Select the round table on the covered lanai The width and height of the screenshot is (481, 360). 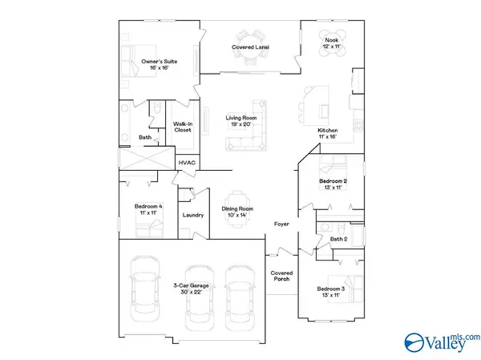(249, 37)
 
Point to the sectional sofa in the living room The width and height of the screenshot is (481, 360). (249, 128)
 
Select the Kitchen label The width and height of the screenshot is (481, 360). (328, 134)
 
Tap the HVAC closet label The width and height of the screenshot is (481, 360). (187, 162)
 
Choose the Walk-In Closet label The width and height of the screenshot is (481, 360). (184, 126)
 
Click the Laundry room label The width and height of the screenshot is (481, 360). (192, 215)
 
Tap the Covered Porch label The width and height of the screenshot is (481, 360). (281, 277)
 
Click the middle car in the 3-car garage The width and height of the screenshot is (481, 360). (196, 297)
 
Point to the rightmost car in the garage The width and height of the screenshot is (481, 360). (239, 297)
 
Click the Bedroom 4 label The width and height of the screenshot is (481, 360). (147, 211)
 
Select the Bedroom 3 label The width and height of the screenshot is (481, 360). (331, 291)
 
